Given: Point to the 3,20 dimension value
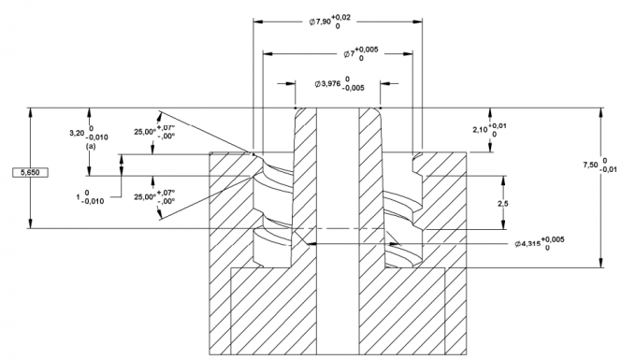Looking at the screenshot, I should point(77,134).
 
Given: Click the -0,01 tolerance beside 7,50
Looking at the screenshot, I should point(608,170).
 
